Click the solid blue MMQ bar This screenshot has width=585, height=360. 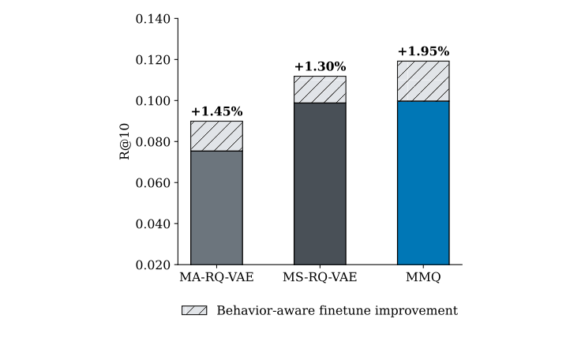click(423, 182)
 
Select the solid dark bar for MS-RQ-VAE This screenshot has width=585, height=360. click(320, 183)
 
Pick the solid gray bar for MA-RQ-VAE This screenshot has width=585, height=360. click(216, 208)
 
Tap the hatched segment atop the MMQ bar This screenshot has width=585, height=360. click(423, 81)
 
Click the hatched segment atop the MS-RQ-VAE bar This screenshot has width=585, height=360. click(320, 89)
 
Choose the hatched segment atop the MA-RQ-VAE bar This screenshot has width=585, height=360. click(216, 136)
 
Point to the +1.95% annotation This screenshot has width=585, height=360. click(423, 52)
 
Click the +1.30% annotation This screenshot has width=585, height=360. click(320, 67)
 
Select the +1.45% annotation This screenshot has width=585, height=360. click(216, 112)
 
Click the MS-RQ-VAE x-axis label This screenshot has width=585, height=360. click(320, 277)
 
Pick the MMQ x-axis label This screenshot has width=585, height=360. click(423, 277)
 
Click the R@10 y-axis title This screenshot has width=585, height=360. click(125, 142)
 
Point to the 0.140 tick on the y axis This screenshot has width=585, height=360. click(153, 19)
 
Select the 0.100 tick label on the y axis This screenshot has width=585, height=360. click(153, 101)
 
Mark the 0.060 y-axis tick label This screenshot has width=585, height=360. click(153, 183)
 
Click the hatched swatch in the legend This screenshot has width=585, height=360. click(194, 311)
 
